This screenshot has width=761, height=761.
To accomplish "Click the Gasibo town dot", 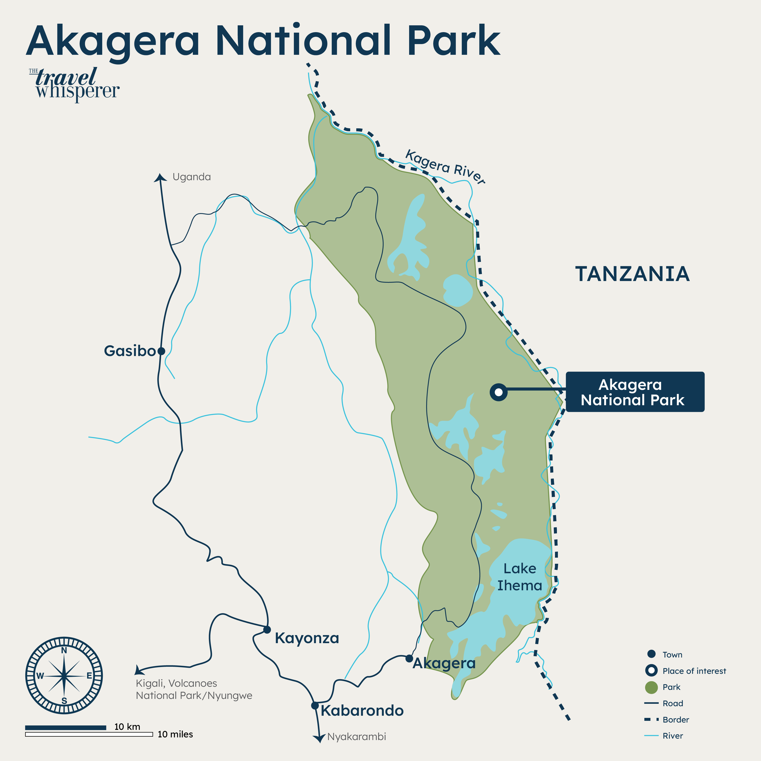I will point(161,351).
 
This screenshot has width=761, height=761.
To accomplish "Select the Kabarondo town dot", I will point(315,705).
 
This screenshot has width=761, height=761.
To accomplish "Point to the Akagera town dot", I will point(409,658).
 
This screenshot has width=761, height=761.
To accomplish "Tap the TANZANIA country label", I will point(632,274).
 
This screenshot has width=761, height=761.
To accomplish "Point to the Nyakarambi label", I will point(357,737).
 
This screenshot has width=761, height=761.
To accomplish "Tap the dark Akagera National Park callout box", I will point(635,392).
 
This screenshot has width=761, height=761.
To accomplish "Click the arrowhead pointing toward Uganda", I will point(160,177).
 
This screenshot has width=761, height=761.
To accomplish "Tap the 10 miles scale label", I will point(175,734).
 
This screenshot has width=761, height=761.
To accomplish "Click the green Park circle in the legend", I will point(651,687).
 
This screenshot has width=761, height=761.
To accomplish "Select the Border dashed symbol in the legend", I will point(651,719).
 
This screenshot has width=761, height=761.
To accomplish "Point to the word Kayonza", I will point(307,638).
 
